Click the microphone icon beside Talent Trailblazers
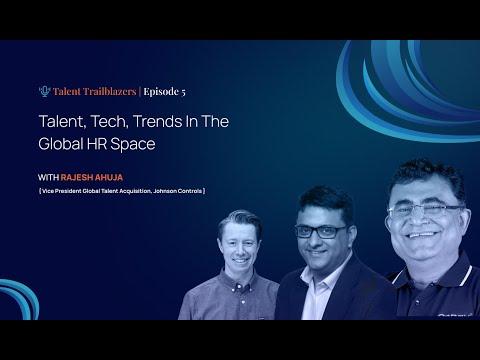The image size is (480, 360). click(x=44, y=91)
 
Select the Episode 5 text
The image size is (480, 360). click(x=164, y=92)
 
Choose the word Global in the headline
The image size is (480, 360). click(x=61, y=144)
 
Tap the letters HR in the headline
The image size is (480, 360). click(x=97, y=144)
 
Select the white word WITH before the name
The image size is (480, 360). click(x=48, y=177)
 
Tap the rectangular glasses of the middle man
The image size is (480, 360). click(x=320, y=232)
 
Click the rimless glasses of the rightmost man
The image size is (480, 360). click(x=425, y=211)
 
